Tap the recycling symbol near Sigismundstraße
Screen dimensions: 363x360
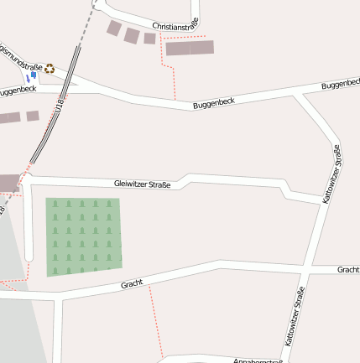pos(50,70)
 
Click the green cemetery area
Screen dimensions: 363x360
pos(83,236)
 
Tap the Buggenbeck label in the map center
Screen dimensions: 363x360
pos(213,103)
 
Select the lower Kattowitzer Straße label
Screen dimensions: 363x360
pos(295,317)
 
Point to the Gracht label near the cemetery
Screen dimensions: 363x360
pos(132,284)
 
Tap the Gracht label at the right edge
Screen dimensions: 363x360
pos(347,270)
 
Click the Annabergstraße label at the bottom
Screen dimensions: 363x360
pos(258,360)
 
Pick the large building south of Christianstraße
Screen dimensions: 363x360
pos(190,48)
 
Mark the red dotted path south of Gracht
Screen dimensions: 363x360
pos(155,323)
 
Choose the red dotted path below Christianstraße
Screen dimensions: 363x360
pos(173,80)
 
